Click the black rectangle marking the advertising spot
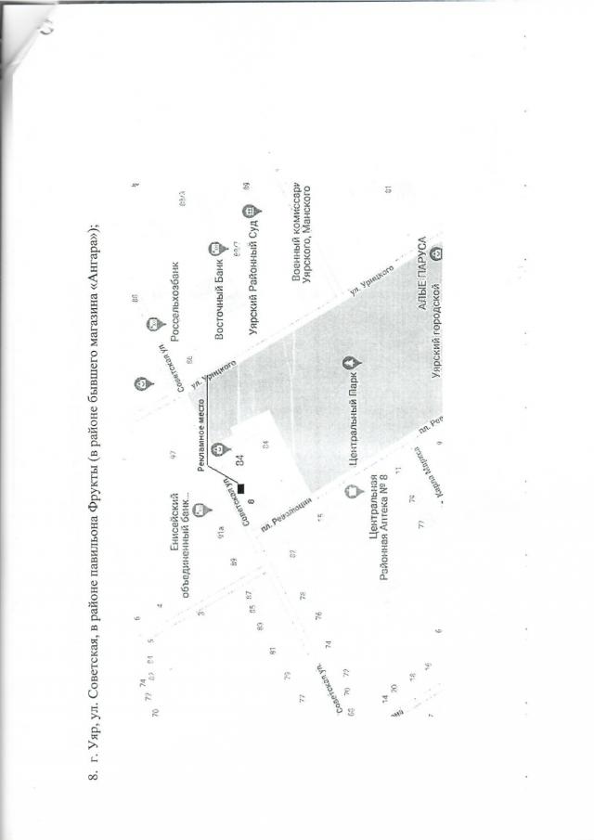[239, 488]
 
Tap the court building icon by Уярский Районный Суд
[249, 213]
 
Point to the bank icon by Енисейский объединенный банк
[201, 510]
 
